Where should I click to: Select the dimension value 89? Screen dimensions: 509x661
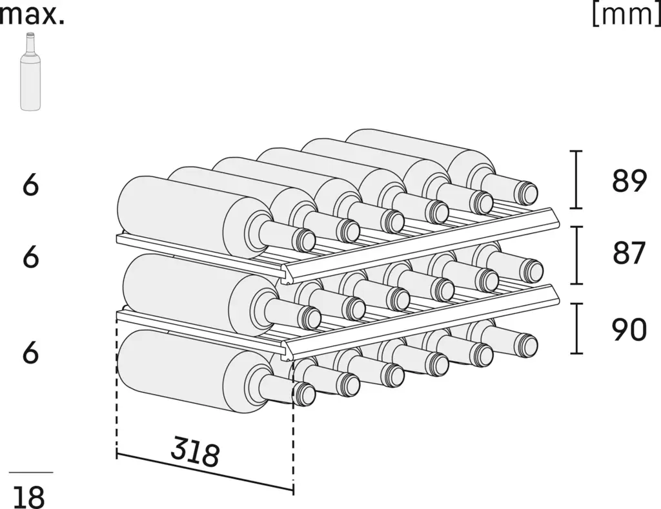[x=629, y=181]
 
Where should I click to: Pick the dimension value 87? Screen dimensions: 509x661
[x=629, y=254]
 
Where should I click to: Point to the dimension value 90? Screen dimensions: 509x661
[x=629, y=330]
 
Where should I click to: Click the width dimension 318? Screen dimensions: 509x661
[x=195, y=452]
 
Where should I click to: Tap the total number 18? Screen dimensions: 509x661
[x=29, y=497]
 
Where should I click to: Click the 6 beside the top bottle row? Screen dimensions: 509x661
[x=30, y=185]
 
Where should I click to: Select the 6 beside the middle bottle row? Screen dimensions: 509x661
[x=30, y=257]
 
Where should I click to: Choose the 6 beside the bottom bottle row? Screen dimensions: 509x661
[x=30, y=353]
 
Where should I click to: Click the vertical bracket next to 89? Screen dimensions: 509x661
[x=577, y=180]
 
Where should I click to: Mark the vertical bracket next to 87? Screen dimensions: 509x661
[x=577, y=255]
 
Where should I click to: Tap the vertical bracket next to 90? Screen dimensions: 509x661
[x=577, y=329]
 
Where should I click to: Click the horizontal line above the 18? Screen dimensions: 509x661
[x=31, y=473]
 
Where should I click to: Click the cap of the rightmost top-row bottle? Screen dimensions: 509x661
[x=528, y=191]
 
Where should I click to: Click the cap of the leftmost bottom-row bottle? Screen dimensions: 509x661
[x=304, y=393]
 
